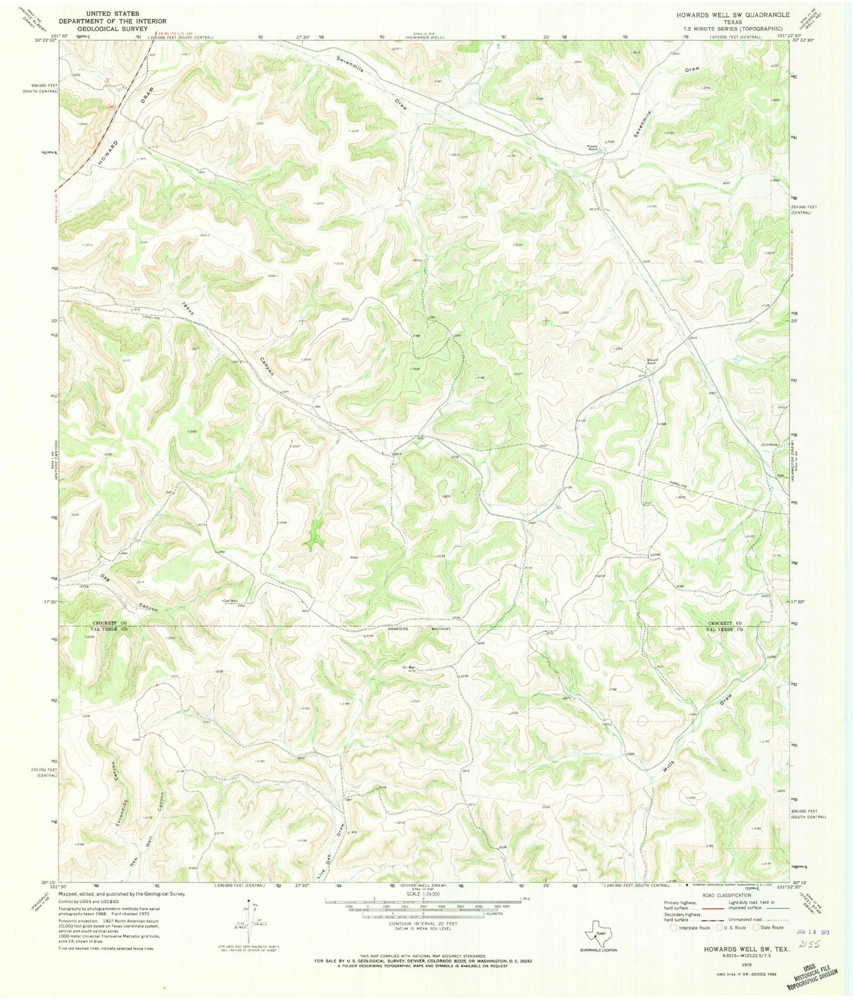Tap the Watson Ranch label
pyautogui.click(x=593, y=148)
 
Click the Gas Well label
pyautogui.click(x=230, y=601)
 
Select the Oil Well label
pyautogui.click(x=409, y=667)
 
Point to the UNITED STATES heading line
pyautogui.click(x=113, y=13)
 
